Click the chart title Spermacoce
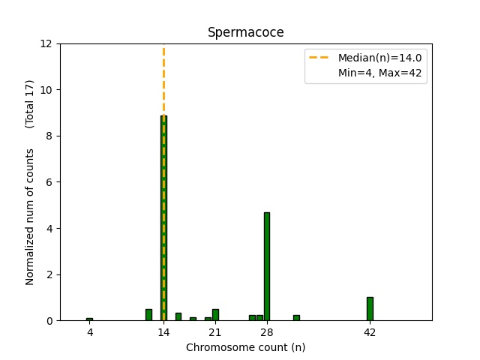click(245, 32)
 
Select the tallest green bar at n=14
click(163, 217)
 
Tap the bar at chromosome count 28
click(267, 266)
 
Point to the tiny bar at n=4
click(89, 319)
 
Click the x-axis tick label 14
click(163, 332)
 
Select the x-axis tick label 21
click(215, 332)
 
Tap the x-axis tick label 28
click(267, 332)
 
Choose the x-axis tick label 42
click(370, 332)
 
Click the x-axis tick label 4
click(89, 332)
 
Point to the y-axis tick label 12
click(46, 43)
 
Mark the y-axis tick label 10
click(46, 90)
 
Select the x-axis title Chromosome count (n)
click(245, 347)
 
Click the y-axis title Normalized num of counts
click(31, 216)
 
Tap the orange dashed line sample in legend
click(320, 58)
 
